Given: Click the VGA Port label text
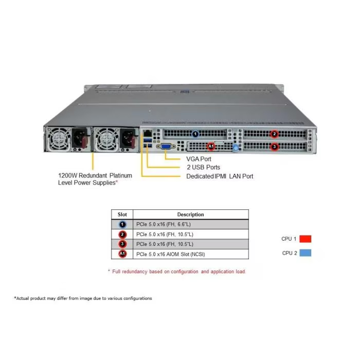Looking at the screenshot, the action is tap(199, 159).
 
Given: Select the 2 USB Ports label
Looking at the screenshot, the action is tap(204, 167).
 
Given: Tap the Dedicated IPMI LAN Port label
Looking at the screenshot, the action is tap(220, 176).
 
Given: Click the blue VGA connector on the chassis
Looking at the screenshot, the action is tap(165, 146).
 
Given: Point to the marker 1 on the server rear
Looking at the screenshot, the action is tap(195, 134).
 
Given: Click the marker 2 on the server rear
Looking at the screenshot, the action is tap(274, 134).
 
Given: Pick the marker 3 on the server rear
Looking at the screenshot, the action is tap(274, 147).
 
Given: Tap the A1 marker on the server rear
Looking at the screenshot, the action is tap(211, 146).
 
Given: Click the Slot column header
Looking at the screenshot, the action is tap(122, 214).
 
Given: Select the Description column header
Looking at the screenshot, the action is tap(191, 214).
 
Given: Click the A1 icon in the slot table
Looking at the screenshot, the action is tap(122, 254).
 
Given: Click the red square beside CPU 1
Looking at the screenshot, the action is tap(305, 239).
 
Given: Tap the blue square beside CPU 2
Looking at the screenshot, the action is tap(305, 253).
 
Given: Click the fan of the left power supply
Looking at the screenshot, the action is tap(59, 139).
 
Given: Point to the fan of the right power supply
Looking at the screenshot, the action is tap(106, 139).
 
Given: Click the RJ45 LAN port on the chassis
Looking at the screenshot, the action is tap(148, 134).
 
